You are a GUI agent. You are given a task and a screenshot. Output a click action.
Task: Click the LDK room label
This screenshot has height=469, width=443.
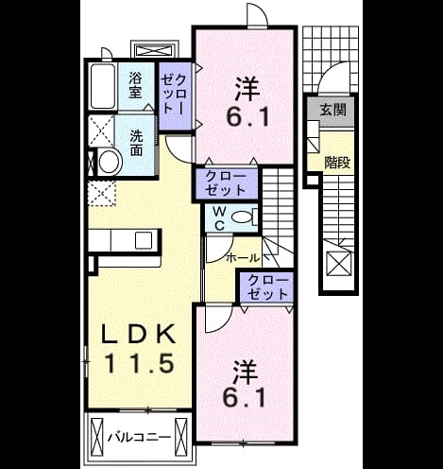click(138, 334)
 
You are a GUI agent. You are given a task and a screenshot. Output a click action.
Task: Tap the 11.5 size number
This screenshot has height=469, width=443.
click(139, 363)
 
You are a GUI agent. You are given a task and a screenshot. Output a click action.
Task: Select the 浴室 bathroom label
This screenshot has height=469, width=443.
click(135, 85)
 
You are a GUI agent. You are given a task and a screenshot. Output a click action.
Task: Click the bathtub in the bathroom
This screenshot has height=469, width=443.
click(102, 86)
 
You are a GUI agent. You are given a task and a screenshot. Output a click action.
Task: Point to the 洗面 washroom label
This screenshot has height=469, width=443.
click(136, 143)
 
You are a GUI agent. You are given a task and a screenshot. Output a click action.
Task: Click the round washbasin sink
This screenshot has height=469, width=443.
click(110, 162)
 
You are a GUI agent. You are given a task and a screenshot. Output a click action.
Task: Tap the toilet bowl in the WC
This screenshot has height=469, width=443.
click(242, 217)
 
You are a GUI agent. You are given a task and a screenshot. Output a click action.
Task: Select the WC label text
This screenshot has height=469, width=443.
click(219, 217)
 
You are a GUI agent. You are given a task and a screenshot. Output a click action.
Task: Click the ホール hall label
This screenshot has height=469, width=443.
click(243, 258)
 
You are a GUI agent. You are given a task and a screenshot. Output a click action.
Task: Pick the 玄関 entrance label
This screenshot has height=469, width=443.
click(332, 110)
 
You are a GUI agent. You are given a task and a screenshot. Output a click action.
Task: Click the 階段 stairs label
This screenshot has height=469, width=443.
click(337, 163)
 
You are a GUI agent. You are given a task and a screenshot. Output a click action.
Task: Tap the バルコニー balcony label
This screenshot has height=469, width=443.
click(140, 437)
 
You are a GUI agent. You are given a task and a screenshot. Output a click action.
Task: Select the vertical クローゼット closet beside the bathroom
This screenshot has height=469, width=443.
click(175, 96)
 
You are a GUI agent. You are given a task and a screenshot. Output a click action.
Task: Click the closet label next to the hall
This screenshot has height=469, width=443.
click(267, 287)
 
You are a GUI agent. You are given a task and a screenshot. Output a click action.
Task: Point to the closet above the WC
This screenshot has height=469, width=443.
click(227, 183)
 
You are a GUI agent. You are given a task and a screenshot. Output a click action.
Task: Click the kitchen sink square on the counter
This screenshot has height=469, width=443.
click(144, 240)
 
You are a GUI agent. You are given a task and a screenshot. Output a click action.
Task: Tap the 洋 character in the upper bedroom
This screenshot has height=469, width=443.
click(247, 89)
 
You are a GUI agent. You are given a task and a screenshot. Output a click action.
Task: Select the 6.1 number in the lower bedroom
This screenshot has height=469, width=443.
click(244, 398)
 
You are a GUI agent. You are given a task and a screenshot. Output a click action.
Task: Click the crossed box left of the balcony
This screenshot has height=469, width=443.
click(97, 436)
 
